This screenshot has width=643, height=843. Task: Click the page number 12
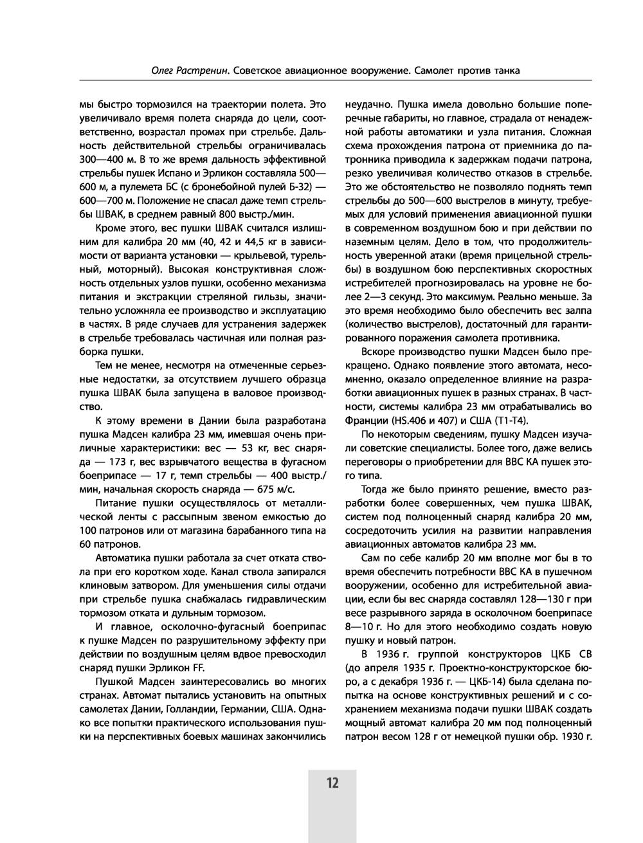tap(332, 783)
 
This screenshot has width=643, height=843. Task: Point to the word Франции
tap(365, 420)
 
